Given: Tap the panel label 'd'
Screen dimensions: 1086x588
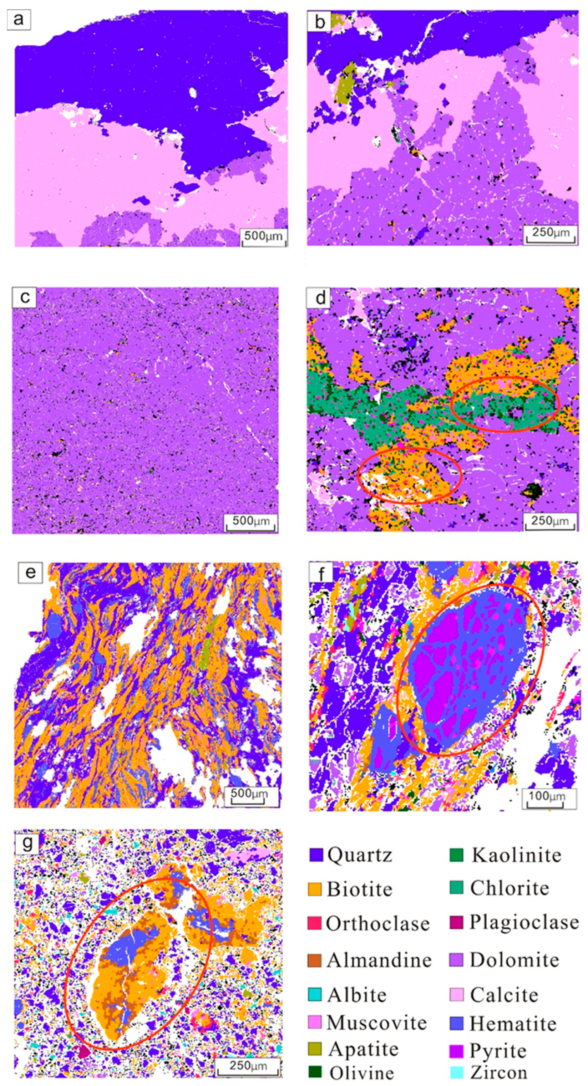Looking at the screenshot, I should pos(320,298).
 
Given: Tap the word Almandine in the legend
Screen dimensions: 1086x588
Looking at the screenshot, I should pos(379,960).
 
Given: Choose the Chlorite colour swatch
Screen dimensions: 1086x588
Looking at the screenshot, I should pos(456,887).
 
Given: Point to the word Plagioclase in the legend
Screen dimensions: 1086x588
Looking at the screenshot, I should pos(524,922).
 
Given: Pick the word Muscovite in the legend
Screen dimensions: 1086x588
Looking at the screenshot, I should pos(376,1023).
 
